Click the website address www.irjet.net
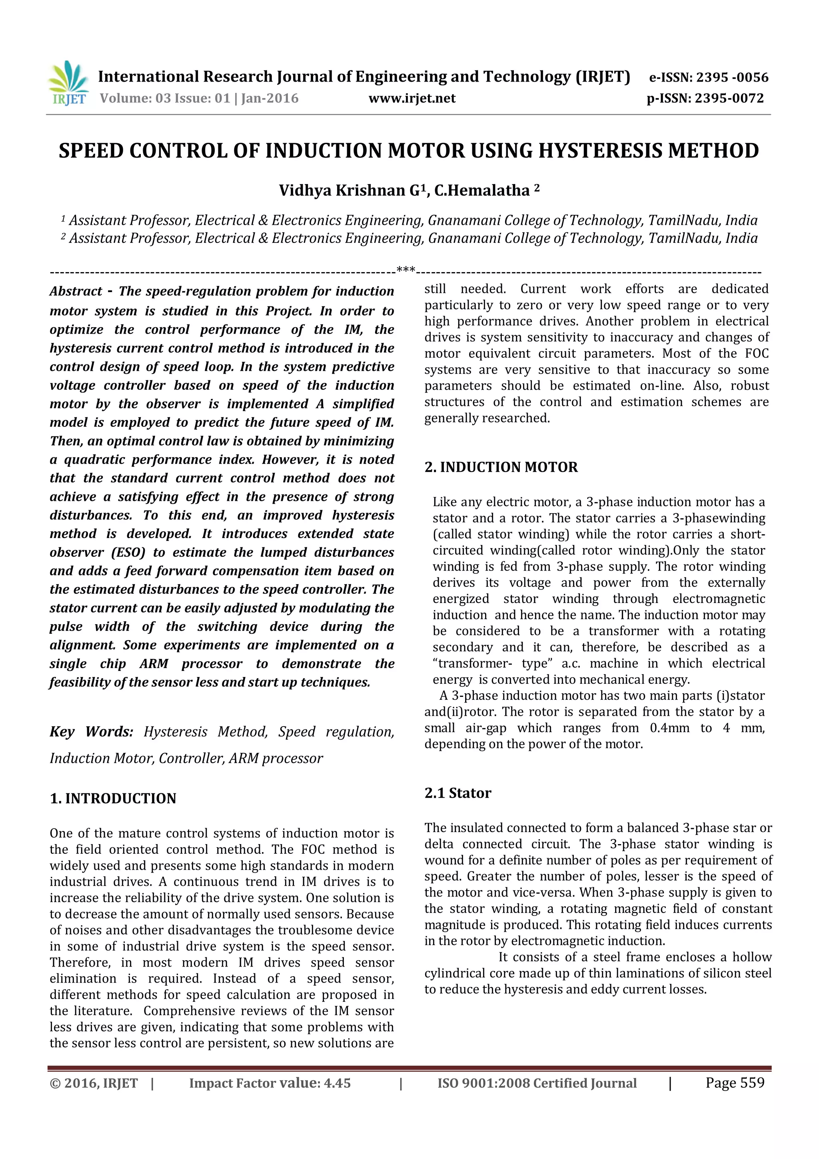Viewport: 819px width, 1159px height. (412, 98)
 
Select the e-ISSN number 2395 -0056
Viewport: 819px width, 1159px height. (732, 77)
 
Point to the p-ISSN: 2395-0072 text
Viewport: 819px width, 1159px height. (705, 98)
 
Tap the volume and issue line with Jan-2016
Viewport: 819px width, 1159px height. (199, 98)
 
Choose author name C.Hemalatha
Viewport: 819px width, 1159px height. (482, 190)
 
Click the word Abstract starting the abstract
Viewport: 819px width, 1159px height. (76, 291)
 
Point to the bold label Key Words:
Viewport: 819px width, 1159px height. (91, 731)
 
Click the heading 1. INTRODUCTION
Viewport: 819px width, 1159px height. (113, 799)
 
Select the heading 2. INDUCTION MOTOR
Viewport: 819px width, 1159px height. (501, 467)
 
